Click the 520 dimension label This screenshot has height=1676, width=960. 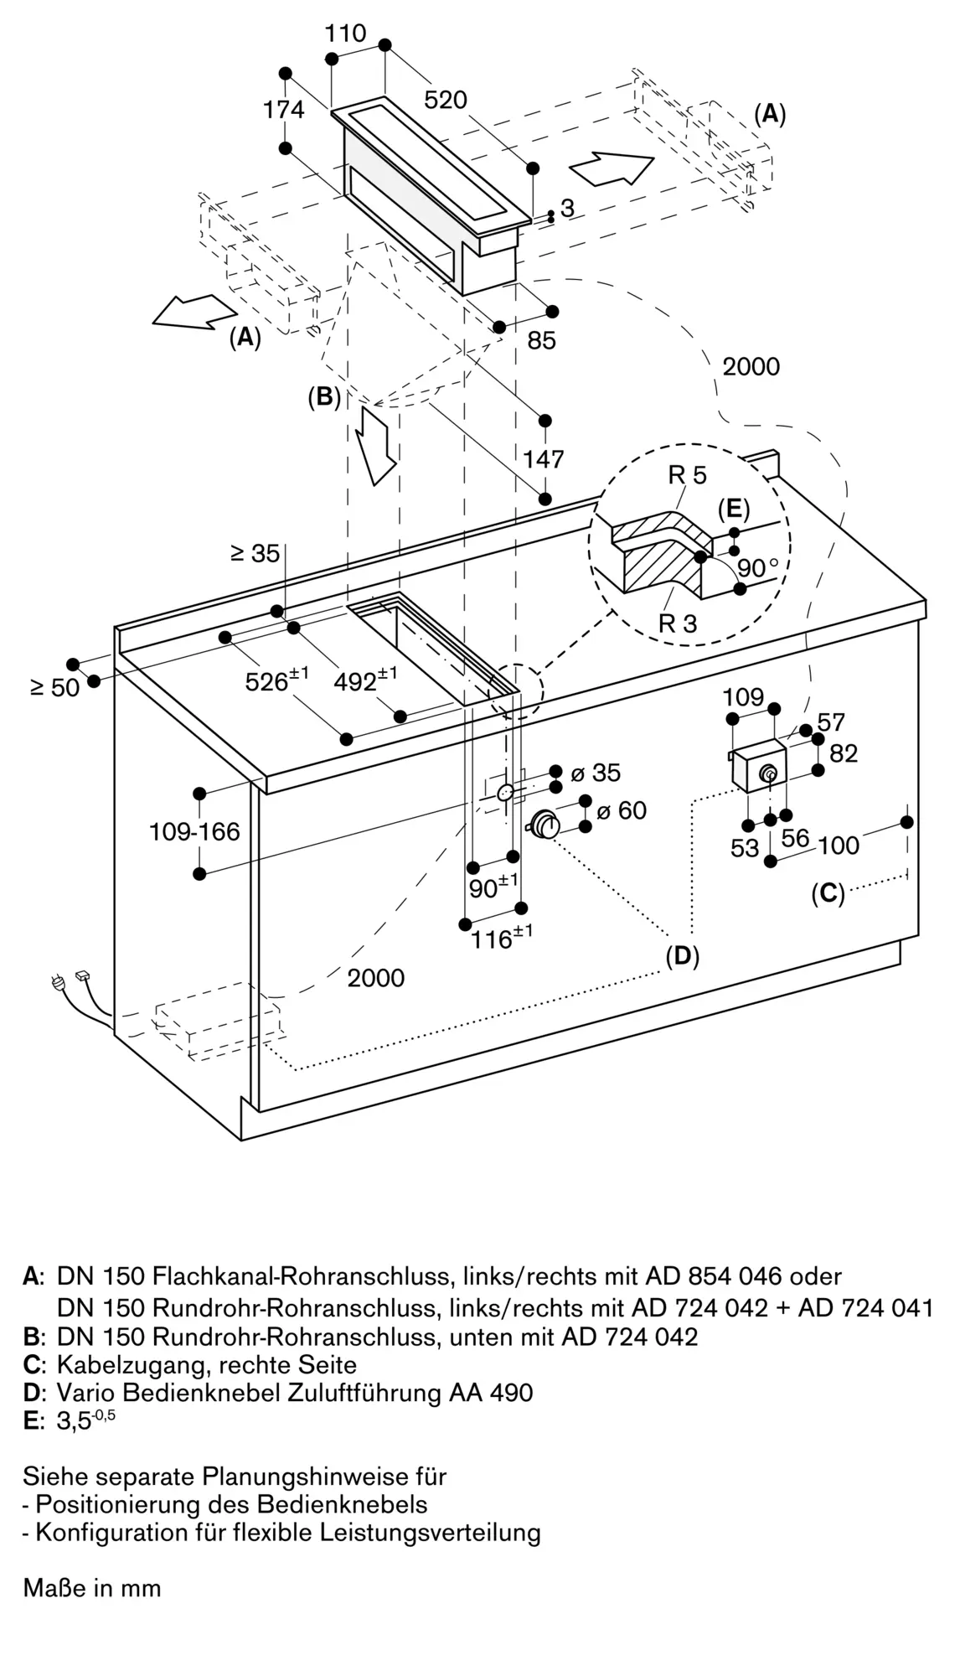pos(446,100)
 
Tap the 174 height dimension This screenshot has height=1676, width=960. pos(284,109)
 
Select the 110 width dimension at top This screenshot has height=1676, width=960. pos(346,33)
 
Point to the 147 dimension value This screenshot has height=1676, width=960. pos(544,458)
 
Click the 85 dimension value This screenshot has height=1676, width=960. pos(542,340)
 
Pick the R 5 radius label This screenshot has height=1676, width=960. pos(688,475)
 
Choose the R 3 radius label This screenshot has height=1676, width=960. pos(678,623)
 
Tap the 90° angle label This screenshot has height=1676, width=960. pos(758,568)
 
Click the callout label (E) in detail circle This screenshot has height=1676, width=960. pos(734,510)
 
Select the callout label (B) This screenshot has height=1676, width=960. pos(325,396)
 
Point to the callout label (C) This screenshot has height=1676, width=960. pos(828,893)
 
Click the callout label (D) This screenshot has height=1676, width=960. pos(683,955)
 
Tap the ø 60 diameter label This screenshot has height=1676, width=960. pos(621,810)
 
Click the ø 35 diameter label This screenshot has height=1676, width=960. pos(596,772)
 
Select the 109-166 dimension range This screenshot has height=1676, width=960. pos(194,831)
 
